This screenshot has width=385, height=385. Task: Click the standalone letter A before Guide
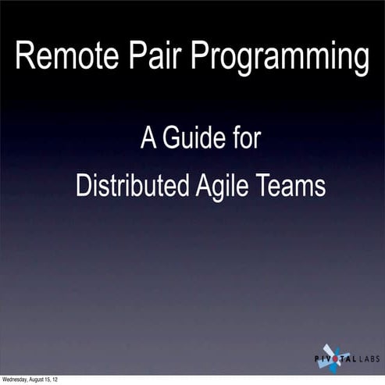(148, 141)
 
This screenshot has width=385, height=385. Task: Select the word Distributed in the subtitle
(126, 187)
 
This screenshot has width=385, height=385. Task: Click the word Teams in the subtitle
(291, 187)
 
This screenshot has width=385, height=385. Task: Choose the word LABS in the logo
(369, 360)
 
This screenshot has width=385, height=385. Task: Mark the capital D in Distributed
(83, 187)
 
